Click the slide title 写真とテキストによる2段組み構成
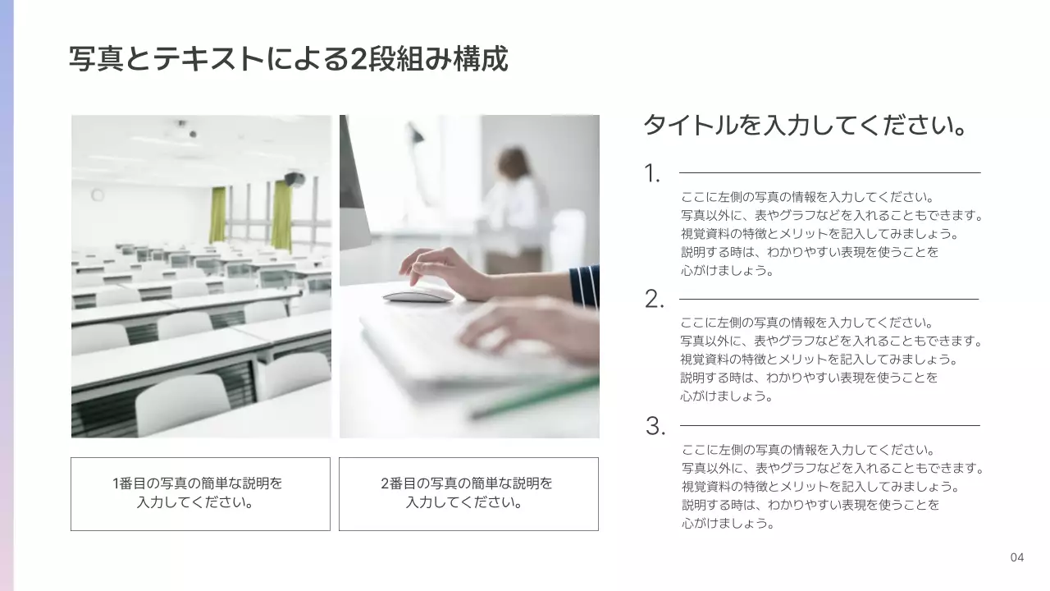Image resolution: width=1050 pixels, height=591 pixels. click(289, 59)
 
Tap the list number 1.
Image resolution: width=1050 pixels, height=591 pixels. click(652, 174)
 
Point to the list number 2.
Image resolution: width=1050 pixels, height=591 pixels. click(654, 300)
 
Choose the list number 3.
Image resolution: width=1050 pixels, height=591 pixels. click(655, 427)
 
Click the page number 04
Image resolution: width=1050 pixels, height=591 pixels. click(1017, 558)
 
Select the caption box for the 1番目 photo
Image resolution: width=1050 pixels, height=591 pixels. click(200, 493)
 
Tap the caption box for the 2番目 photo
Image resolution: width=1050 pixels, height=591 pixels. click(468, 493)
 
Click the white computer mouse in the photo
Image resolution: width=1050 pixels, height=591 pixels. click(418, 293)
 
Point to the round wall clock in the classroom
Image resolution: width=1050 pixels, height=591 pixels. click(98, 195)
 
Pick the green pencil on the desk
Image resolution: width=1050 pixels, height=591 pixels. click(533, 397)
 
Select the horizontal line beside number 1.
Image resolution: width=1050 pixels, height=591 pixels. click(829, 173)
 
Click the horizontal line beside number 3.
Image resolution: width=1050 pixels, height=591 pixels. click(829, 426)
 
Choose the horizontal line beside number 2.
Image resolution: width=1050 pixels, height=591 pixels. click(829, 300)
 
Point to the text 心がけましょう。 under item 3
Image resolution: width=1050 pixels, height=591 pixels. click(728, 524)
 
